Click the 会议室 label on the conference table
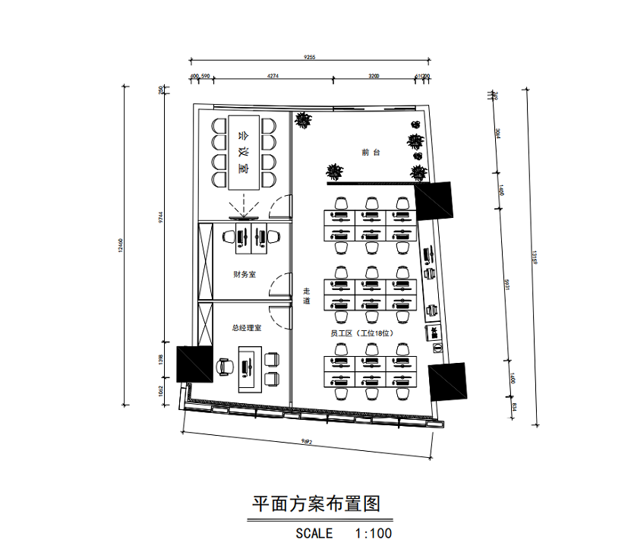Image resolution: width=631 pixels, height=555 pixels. click(243, 152)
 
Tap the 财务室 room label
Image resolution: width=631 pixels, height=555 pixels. click(245, 274)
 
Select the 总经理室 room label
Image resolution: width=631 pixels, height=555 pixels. click(247, 328)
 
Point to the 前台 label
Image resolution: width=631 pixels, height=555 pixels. click(370, 153)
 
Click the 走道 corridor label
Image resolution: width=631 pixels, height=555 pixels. click(307, 296)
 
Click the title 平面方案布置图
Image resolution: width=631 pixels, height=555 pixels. click(315, 503)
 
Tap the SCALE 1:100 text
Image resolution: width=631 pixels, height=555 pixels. click(343, 533)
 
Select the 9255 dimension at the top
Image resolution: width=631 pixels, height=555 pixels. click(309, 56)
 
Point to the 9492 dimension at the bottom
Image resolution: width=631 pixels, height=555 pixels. click(307, 441)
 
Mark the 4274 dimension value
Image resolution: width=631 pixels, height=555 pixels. click(273, 76)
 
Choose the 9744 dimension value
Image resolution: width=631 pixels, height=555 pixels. click(160, 216)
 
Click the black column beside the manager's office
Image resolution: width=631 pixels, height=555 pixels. click(194, 363)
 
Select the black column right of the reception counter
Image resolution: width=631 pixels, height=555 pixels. click(434, 200)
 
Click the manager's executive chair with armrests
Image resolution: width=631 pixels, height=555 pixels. click(225, 367)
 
